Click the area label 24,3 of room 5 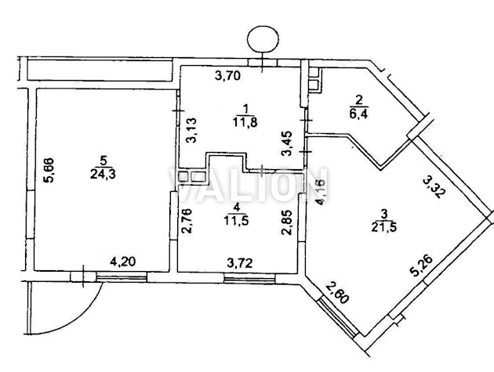[103, 174]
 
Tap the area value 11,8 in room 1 [245, 122]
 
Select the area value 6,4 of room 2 [359, 113]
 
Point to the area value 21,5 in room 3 [384, 227]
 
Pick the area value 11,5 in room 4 [237, 220]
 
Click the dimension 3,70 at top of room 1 [227, 75]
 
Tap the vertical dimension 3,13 [191, 130]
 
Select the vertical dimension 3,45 [287, 143]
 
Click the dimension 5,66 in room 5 [49, 170]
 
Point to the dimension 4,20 [123, 262]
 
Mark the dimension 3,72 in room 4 [240, 263]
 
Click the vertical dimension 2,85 [286, 222]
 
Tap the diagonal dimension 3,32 [434, 187]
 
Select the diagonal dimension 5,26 [423, 266]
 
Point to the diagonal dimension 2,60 [337, 293]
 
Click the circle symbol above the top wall [263, 39]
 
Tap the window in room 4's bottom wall [249, 278]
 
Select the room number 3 [383, 215]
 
